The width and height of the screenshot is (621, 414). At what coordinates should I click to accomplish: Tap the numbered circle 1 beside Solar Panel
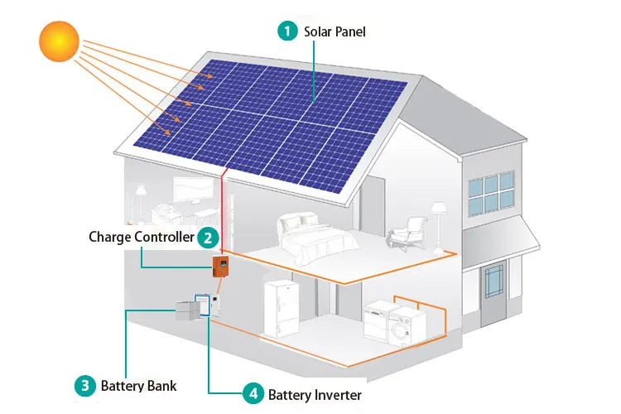[x=287, y=31]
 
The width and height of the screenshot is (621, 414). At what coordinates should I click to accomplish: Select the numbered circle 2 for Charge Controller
[x=207, y=238]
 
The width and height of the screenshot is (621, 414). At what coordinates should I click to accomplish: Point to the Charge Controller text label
[x=141, y=238]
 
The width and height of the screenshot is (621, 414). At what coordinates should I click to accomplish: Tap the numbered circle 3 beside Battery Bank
[x=84, y=385]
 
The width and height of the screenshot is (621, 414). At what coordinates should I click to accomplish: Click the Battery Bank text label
[x=138, y=386]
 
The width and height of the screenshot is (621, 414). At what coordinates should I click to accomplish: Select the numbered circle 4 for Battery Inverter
[x=253, y=395]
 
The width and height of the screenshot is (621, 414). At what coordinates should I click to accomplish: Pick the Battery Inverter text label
[x=315, y=395]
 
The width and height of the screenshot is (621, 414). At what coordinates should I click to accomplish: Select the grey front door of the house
[x=495, y=290]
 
